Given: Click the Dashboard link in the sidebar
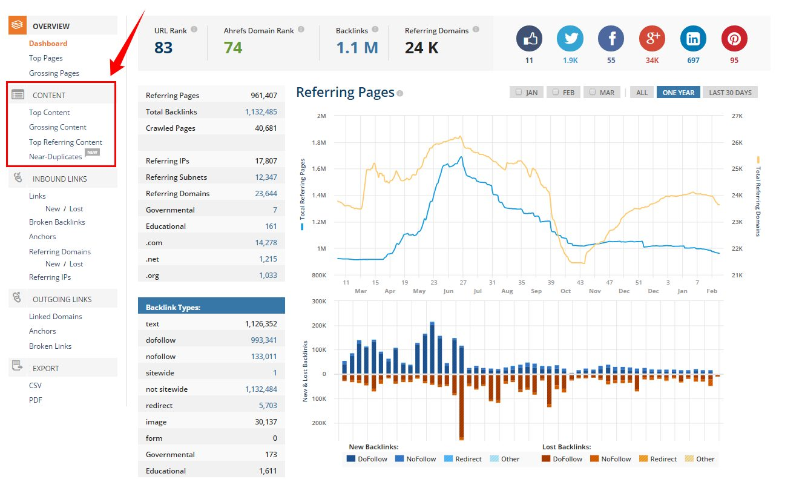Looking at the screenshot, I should click(x=48, y=44).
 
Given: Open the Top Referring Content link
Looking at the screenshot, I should click(x=65, y=142).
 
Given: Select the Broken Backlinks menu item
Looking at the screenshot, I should click(x=57, y=222).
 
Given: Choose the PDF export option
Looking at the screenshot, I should click(x=36, y=400).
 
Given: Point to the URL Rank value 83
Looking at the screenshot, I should click(x=163, y=47).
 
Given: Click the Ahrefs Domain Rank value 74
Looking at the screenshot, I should click(x=233, y=47).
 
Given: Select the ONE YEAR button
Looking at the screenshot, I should click(x=678, y=93).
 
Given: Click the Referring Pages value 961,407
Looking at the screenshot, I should click(x=264, y=96).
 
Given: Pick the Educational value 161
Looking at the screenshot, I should click(x=271, y=226).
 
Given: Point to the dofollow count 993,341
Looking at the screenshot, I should click(x=264, y=340).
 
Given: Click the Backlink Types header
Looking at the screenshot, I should click(x=173, y=308).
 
